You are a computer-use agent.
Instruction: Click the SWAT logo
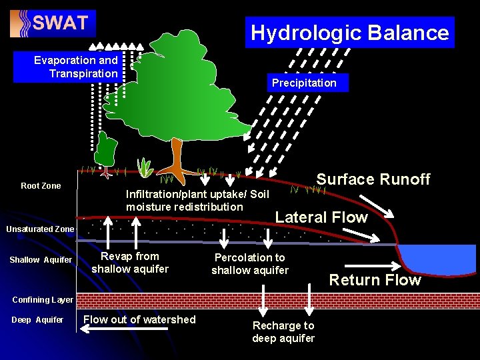(53, 23)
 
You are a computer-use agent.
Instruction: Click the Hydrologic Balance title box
(349, 33)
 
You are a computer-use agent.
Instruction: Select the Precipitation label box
(304, 83)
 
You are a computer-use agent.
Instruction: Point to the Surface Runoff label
(373, 179)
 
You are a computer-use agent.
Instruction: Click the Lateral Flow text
(321, 217)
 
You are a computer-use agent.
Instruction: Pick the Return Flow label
(375, 280)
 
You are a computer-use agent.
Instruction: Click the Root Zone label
(41, 186)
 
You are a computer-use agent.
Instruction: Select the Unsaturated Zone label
(40, 229)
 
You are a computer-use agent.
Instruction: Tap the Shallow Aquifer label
(41, 259)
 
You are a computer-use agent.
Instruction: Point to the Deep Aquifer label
(37, 320)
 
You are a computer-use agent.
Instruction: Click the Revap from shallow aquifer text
(130, 263)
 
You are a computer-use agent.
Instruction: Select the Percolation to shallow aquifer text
(250, 264)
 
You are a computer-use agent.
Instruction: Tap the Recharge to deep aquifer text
(283, 332)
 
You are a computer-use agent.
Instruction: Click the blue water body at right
(436, 265)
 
